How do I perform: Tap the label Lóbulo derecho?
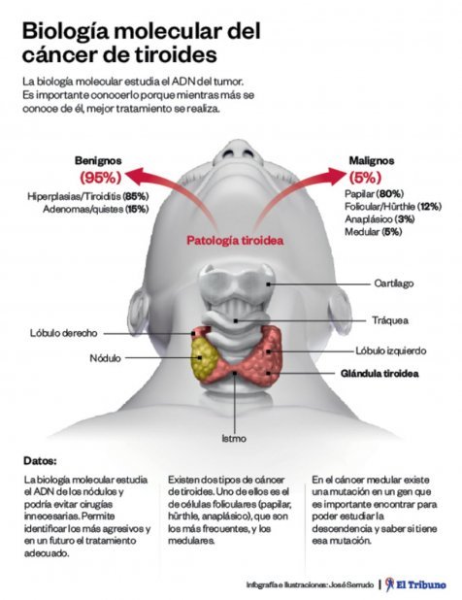pyautogui.click(x=64, y=333)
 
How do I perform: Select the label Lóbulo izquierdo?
pyautogui.click(x=391, y=350)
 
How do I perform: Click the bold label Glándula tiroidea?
pyautogui.click(x=379, y=373)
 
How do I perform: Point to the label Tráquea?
pyautogui.click(x=390, y=319)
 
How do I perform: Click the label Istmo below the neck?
pyautogui.click(x=234, y=438)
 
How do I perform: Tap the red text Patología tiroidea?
pyautogui.click(x=235, y=241)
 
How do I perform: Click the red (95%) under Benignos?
pyautogui.click(x=101, y=177)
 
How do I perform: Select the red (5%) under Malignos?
pyautogui.click(x=365, y=177)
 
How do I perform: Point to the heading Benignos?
pyautogui.click(x=98, y=160)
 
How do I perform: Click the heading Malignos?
pyautogui.click(x=372, y=160)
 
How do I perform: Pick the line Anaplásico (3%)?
pyautogui.click(x=379, y=218)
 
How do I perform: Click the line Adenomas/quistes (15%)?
pyautogui.click(x=96, y=210)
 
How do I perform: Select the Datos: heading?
pyautogui.click(x=40, y=461)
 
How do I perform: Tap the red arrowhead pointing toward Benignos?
pyautogui.click(x=135, y=176)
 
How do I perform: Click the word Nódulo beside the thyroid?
pyautogui.click(x=105, y=358)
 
